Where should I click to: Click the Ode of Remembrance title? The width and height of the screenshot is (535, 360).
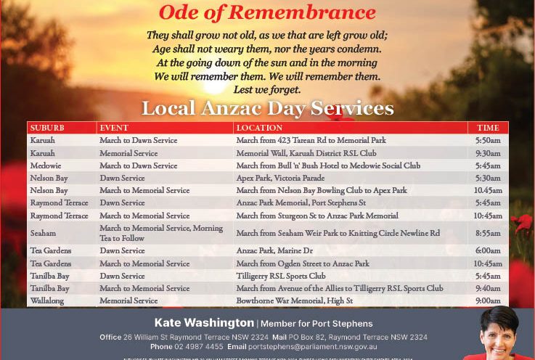tap(267, 12)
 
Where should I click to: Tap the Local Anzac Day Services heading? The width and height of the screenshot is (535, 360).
tap(267, 109)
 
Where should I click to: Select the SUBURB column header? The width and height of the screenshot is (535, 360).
tap(47, 128)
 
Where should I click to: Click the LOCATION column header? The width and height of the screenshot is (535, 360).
tap(259, 128)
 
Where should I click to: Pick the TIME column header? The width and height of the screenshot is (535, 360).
tap(488, 128)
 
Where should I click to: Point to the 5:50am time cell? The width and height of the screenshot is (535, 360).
tap(488, 140)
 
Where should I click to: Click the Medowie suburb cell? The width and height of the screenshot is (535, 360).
tap(45, 165)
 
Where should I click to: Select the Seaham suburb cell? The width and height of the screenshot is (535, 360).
tap(43, 234)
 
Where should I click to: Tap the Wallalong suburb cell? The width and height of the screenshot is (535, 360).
tap(48, 300)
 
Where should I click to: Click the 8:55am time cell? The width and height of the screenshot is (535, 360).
tap(488, 234)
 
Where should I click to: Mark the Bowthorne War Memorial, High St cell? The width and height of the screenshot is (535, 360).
tap(295, 300)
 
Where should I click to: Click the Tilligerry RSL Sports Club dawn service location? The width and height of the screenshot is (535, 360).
tap(281, 276)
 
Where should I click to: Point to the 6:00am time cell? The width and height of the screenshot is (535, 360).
tap(488, 250)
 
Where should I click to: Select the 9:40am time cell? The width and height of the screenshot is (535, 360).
tap(488, 288)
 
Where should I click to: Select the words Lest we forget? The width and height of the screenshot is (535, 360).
tap(267, 90)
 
